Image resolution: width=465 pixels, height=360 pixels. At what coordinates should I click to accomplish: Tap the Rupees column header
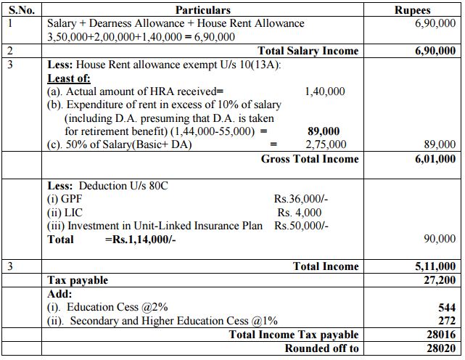pyautogui.click(x=432, y=10)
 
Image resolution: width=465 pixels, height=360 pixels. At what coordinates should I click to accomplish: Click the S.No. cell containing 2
pyautogui.click(x=9, y=51)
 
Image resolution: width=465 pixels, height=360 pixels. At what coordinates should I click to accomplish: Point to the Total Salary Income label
pyautogui.click(x=308, y=51)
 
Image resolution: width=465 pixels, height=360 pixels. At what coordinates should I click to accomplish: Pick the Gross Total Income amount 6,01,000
pyautogui.click(x=435, y=159)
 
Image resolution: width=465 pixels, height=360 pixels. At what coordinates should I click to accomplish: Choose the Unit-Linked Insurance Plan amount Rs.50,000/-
pyautogui.click(x=301, y=226)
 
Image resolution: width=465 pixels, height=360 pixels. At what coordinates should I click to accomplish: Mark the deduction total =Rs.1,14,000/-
pyautogui.click(x=141, y=240)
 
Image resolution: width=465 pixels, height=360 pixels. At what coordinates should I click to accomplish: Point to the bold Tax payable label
pyautogui.click(x=78, y=280)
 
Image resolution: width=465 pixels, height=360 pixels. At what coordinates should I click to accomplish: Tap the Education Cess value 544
pyautogui.click(x=447, y=308)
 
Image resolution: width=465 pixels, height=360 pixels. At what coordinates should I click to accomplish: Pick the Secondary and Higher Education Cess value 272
pyautogui.click(x=447, y=321)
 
